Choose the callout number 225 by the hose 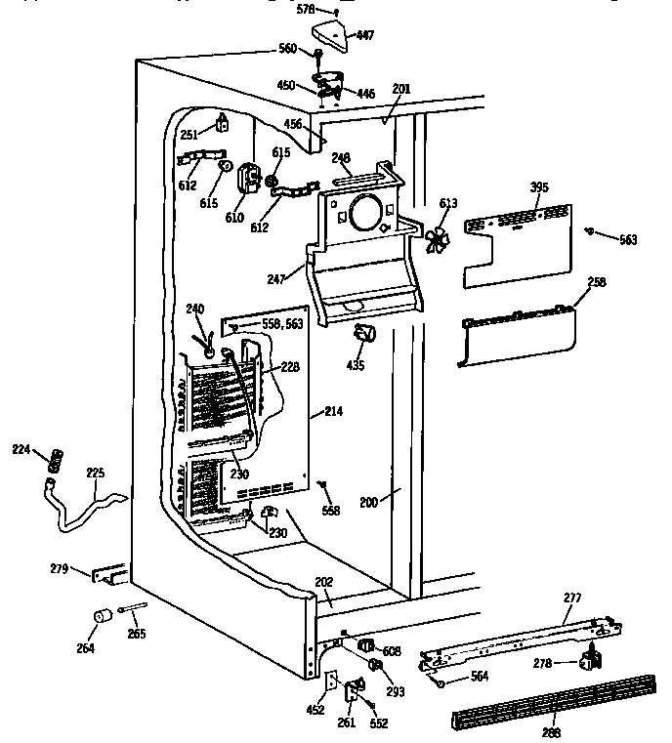coord(95,475)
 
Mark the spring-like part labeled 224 coord(56,457)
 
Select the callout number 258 coord(597,282)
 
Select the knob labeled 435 coord(365,334)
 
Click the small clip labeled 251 coord(224,122)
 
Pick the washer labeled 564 coord(441,682)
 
